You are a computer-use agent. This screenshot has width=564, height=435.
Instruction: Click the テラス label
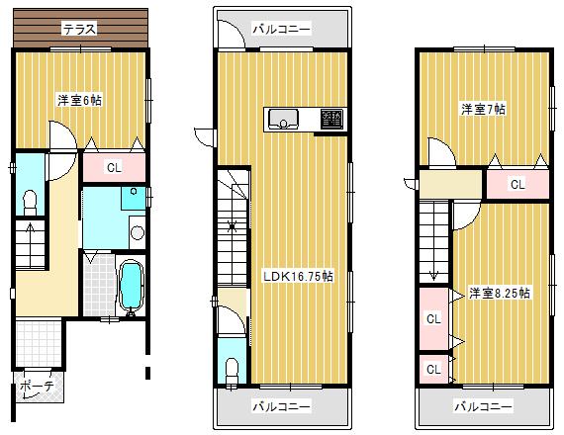[x=79, y=30]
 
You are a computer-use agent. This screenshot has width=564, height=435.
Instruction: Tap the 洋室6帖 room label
[x=80, y=100]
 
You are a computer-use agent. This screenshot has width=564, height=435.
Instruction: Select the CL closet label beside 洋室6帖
[x=114, y=167]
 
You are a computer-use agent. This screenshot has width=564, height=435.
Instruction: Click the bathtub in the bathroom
[x=130, y=287]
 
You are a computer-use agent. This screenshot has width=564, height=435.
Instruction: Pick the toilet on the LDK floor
[x=232, y=367]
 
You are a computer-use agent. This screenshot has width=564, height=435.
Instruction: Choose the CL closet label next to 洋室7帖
[x=517, y=184]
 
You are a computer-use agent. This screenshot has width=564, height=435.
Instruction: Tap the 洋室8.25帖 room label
[x=500, y=293]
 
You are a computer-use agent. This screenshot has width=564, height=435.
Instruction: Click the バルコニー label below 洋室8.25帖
[x=483, y=406]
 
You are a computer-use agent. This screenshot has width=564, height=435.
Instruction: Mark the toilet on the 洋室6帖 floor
[x=30, y=202]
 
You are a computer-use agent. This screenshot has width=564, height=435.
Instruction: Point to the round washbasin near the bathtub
[x=137, y=234]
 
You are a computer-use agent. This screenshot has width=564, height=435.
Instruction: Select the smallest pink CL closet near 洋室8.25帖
[x=432, y=368]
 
